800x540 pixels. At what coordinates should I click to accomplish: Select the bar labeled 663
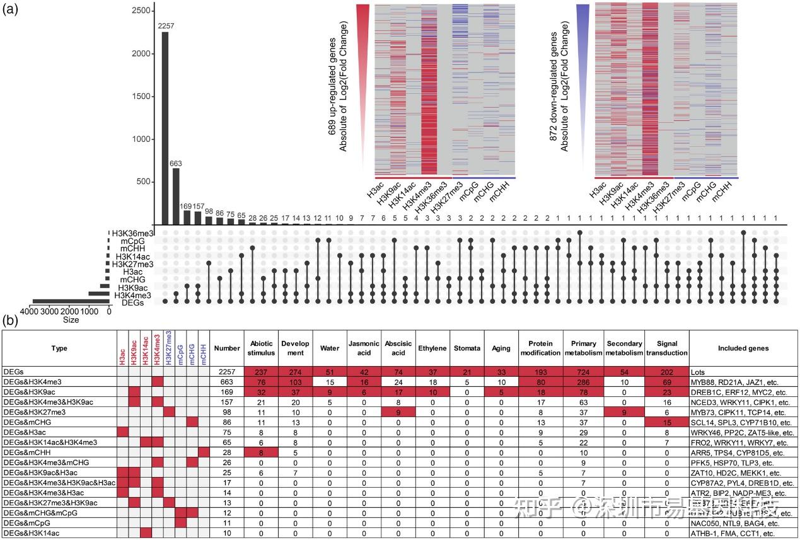(176, 196)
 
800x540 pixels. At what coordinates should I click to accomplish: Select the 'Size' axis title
(71, 320)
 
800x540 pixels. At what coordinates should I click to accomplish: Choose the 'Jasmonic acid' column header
(364, 348)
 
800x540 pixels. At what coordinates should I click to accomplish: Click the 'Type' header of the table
(59, 348)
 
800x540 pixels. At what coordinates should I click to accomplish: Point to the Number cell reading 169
(227, 392)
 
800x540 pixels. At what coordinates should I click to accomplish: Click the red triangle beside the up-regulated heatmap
(362, 38)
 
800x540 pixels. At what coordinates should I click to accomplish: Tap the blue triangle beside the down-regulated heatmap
(582, 38)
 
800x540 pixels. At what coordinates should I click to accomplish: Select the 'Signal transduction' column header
(667, 348)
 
